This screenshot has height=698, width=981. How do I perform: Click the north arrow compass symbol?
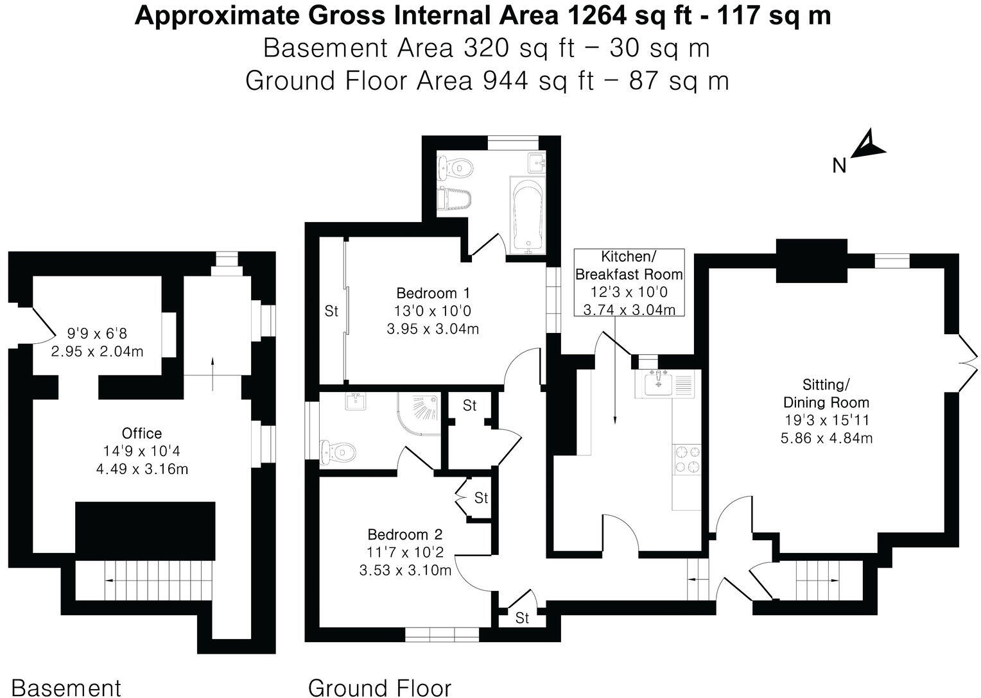click(868, 146)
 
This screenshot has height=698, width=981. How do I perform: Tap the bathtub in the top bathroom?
click(527, 213)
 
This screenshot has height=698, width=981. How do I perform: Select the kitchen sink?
click(658, 384)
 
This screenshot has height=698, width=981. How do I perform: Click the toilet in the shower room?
click(338, 451)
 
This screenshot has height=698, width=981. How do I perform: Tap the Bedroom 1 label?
click(433, 293)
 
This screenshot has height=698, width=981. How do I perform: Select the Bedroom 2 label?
click(404, 534)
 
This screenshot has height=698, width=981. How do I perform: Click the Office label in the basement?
click(142, 433)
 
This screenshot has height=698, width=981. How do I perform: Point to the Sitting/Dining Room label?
click(826, 393)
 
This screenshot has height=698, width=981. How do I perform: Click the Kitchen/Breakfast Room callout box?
click(629, 282)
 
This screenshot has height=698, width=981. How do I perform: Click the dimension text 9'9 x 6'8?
click(98, 334)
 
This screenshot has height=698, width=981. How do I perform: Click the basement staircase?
click(144, 579)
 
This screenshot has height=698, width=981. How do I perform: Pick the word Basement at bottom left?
click(66, 687)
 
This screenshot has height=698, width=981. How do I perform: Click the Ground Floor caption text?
click(379, 687)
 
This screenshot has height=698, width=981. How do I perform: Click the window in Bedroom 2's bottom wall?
click(442, 634)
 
